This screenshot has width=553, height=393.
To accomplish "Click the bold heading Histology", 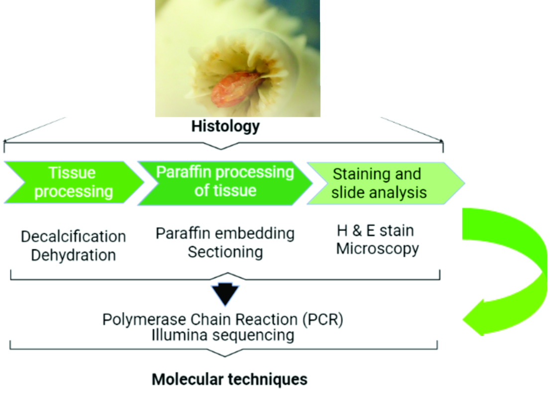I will point(225,126).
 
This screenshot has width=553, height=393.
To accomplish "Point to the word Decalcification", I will point(73,236).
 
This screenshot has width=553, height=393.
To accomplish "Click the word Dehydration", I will point(73,255).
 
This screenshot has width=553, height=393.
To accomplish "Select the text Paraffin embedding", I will point(225,233).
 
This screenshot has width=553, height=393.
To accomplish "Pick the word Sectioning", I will point(225,252).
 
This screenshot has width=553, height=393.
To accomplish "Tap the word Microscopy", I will point(377,248).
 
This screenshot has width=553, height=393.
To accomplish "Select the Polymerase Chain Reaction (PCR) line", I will point(223,319).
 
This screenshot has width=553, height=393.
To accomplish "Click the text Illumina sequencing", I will point(222,335).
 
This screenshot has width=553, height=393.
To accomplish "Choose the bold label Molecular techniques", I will point(229,380).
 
